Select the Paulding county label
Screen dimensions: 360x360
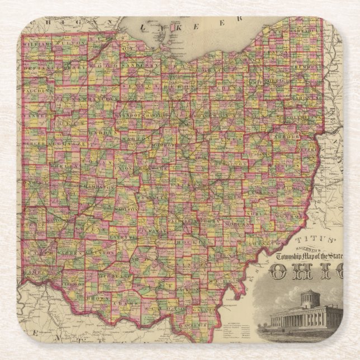(39, 89)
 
